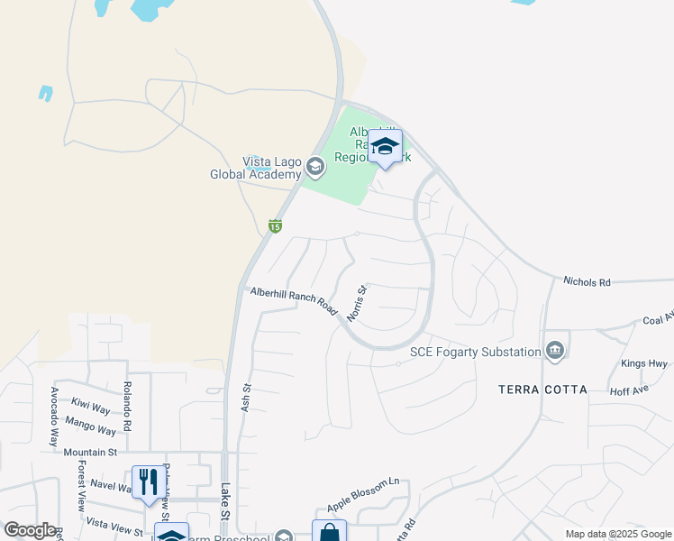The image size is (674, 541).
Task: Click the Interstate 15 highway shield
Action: point(276,225)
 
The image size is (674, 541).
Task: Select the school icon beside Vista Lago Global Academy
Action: point(315,167)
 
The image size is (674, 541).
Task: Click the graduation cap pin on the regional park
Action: point(385,147)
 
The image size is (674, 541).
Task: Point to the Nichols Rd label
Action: point(587,282)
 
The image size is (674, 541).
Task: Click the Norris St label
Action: point(358,301)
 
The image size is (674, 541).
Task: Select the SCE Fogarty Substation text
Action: point(475,352)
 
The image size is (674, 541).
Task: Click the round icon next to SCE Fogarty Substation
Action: point(555,351)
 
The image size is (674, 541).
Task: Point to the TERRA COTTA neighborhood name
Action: point(542,390)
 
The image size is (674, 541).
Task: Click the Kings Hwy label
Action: point(643,364)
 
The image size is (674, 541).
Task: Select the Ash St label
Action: point(245,399)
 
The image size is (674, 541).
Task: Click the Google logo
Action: point(30,530)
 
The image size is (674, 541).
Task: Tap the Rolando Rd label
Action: point(127,409)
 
